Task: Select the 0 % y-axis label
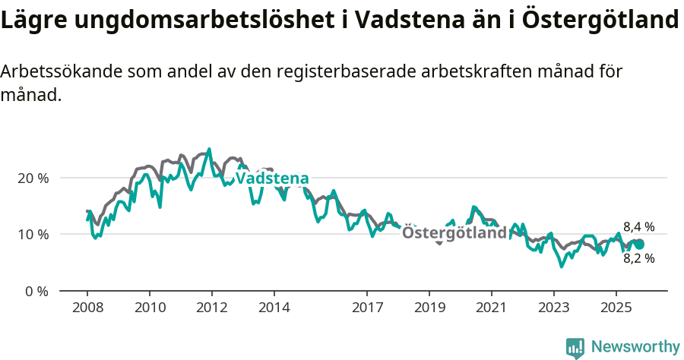click(x=36, y=291)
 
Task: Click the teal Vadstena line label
click(x=272, y=178)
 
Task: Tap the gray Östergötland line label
click(x=454, y=232)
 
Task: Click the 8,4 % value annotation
click(x=638, y=226)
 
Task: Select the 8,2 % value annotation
click(x=638, y=258)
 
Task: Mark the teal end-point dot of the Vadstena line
click(x=639, y=244)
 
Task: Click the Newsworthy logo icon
click(x=575, y=347)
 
